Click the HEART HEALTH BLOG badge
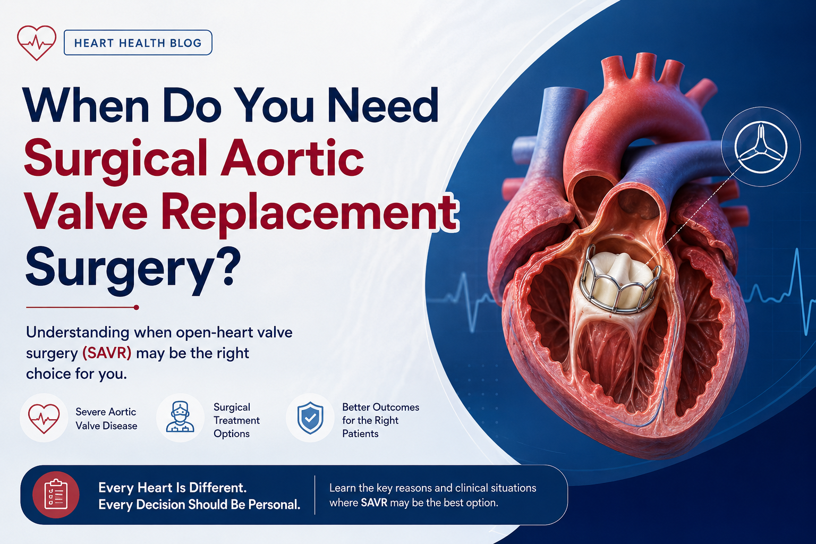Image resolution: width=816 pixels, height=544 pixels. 138,42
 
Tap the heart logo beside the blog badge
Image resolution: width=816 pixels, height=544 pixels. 37,42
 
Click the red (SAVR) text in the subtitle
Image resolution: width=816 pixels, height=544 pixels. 107,353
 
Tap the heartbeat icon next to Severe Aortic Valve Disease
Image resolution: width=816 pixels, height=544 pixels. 44,418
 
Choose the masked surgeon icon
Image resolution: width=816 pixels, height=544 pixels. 180,417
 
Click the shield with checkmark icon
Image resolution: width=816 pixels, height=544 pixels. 310,418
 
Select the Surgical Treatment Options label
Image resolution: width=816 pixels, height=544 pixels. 236,420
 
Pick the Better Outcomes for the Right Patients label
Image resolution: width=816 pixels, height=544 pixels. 381,420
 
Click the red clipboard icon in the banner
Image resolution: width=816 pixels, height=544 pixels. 56,495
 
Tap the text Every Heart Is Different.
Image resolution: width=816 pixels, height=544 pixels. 173,488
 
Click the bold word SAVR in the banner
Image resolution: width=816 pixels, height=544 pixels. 374,503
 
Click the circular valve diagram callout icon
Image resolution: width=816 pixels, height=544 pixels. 761,147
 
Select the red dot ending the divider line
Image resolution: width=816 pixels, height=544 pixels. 136,308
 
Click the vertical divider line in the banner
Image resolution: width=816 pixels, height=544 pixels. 314,495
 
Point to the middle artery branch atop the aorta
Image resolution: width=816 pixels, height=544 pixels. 644,67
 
